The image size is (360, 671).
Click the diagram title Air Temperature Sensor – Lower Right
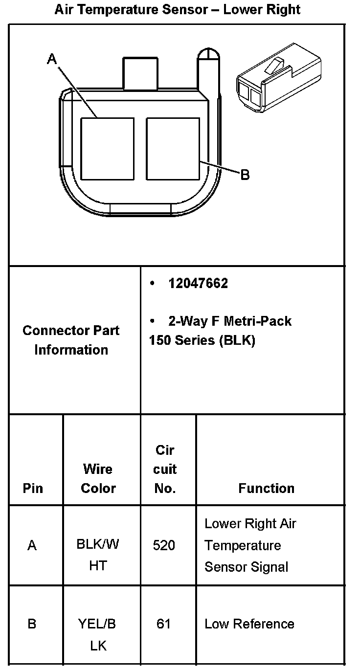177,9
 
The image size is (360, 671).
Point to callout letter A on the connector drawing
52,59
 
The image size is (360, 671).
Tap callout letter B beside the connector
245,175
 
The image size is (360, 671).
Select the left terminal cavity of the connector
107,149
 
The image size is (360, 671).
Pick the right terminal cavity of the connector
173,149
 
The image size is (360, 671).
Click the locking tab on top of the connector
140,74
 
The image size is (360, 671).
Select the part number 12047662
198,284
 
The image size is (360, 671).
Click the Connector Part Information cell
71,340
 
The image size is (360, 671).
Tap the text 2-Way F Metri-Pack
229,321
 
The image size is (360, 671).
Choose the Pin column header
33,488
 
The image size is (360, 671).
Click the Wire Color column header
98,478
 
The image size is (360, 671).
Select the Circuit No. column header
165,469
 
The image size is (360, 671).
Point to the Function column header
267,488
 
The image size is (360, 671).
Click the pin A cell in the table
32,545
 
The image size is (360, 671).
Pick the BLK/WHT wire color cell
98,555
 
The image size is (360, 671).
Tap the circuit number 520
164,545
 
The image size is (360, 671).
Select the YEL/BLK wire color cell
98,634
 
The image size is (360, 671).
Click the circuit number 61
164,624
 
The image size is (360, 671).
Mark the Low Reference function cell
249,624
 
